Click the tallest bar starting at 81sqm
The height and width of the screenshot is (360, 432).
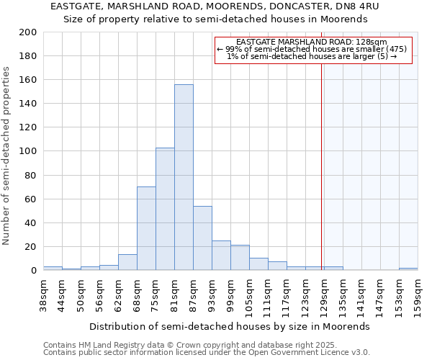[x=184, y=177]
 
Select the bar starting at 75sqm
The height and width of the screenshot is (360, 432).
[x=165, y=209]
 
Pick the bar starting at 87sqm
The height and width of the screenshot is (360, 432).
[x=202, y=238]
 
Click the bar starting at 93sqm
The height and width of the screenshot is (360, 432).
[x=221, y=256]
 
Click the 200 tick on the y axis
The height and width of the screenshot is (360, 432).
[x=28, y=32]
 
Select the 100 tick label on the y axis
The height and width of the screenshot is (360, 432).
[x=28, y=151]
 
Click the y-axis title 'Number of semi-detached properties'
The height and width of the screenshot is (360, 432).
[x=7, y=156]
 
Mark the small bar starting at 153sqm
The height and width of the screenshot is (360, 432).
[x=408, y=269]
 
